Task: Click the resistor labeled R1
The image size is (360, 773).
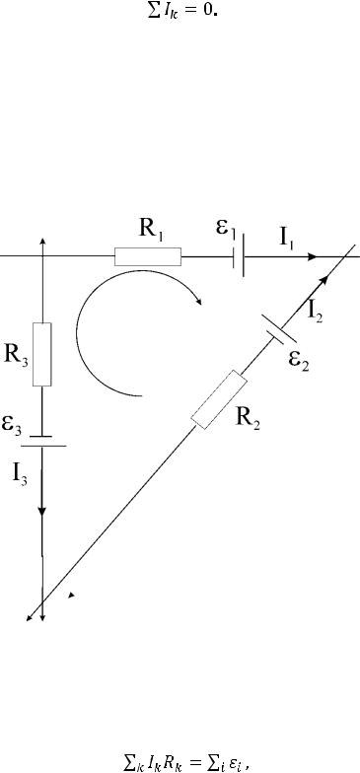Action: point(148,256)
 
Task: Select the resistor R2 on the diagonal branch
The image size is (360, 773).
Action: point(219,400)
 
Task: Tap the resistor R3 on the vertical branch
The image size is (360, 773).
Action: point(41,354)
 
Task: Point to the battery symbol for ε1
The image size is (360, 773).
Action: point(239,256)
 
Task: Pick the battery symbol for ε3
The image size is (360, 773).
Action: point(43,441)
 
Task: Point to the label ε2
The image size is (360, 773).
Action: point(299,362)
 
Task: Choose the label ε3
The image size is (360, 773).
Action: point(12,424)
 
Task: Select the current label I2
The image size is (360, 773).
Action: point(316,312)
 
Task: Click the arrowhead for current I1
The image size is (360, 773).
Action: point(312,256)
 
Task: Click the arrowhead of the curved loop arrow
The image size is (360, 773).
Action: point(199,301)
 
